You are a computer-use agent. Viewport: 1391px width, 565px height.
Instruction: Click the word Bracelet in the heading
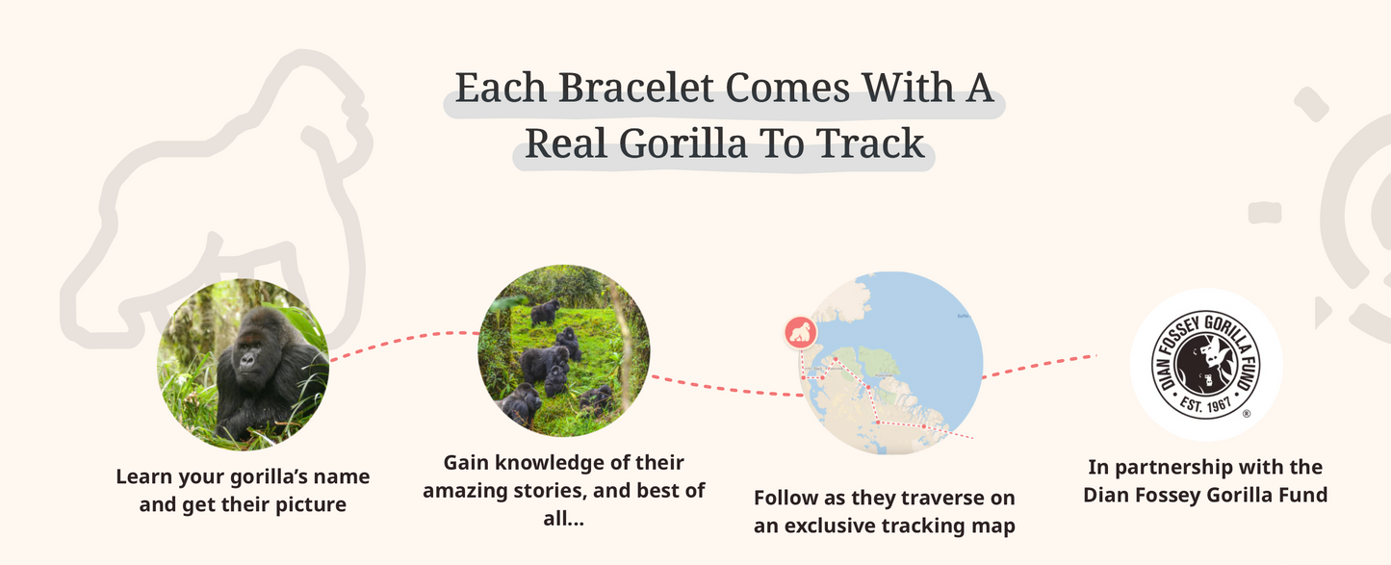pos(636,89)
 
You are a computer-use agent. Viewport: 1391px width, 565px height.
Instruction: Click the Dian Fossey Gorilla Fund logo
pos(1205,365)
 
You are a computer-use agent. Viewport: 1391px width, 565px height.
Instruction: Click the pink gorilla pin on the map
pos(800,333)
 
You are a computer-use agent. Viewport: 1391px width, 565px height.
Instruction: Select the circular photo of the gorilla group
pos(563,351)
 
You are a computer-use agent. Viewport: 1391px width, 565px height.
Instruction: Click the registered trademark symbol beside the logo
pos(1247,414)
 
